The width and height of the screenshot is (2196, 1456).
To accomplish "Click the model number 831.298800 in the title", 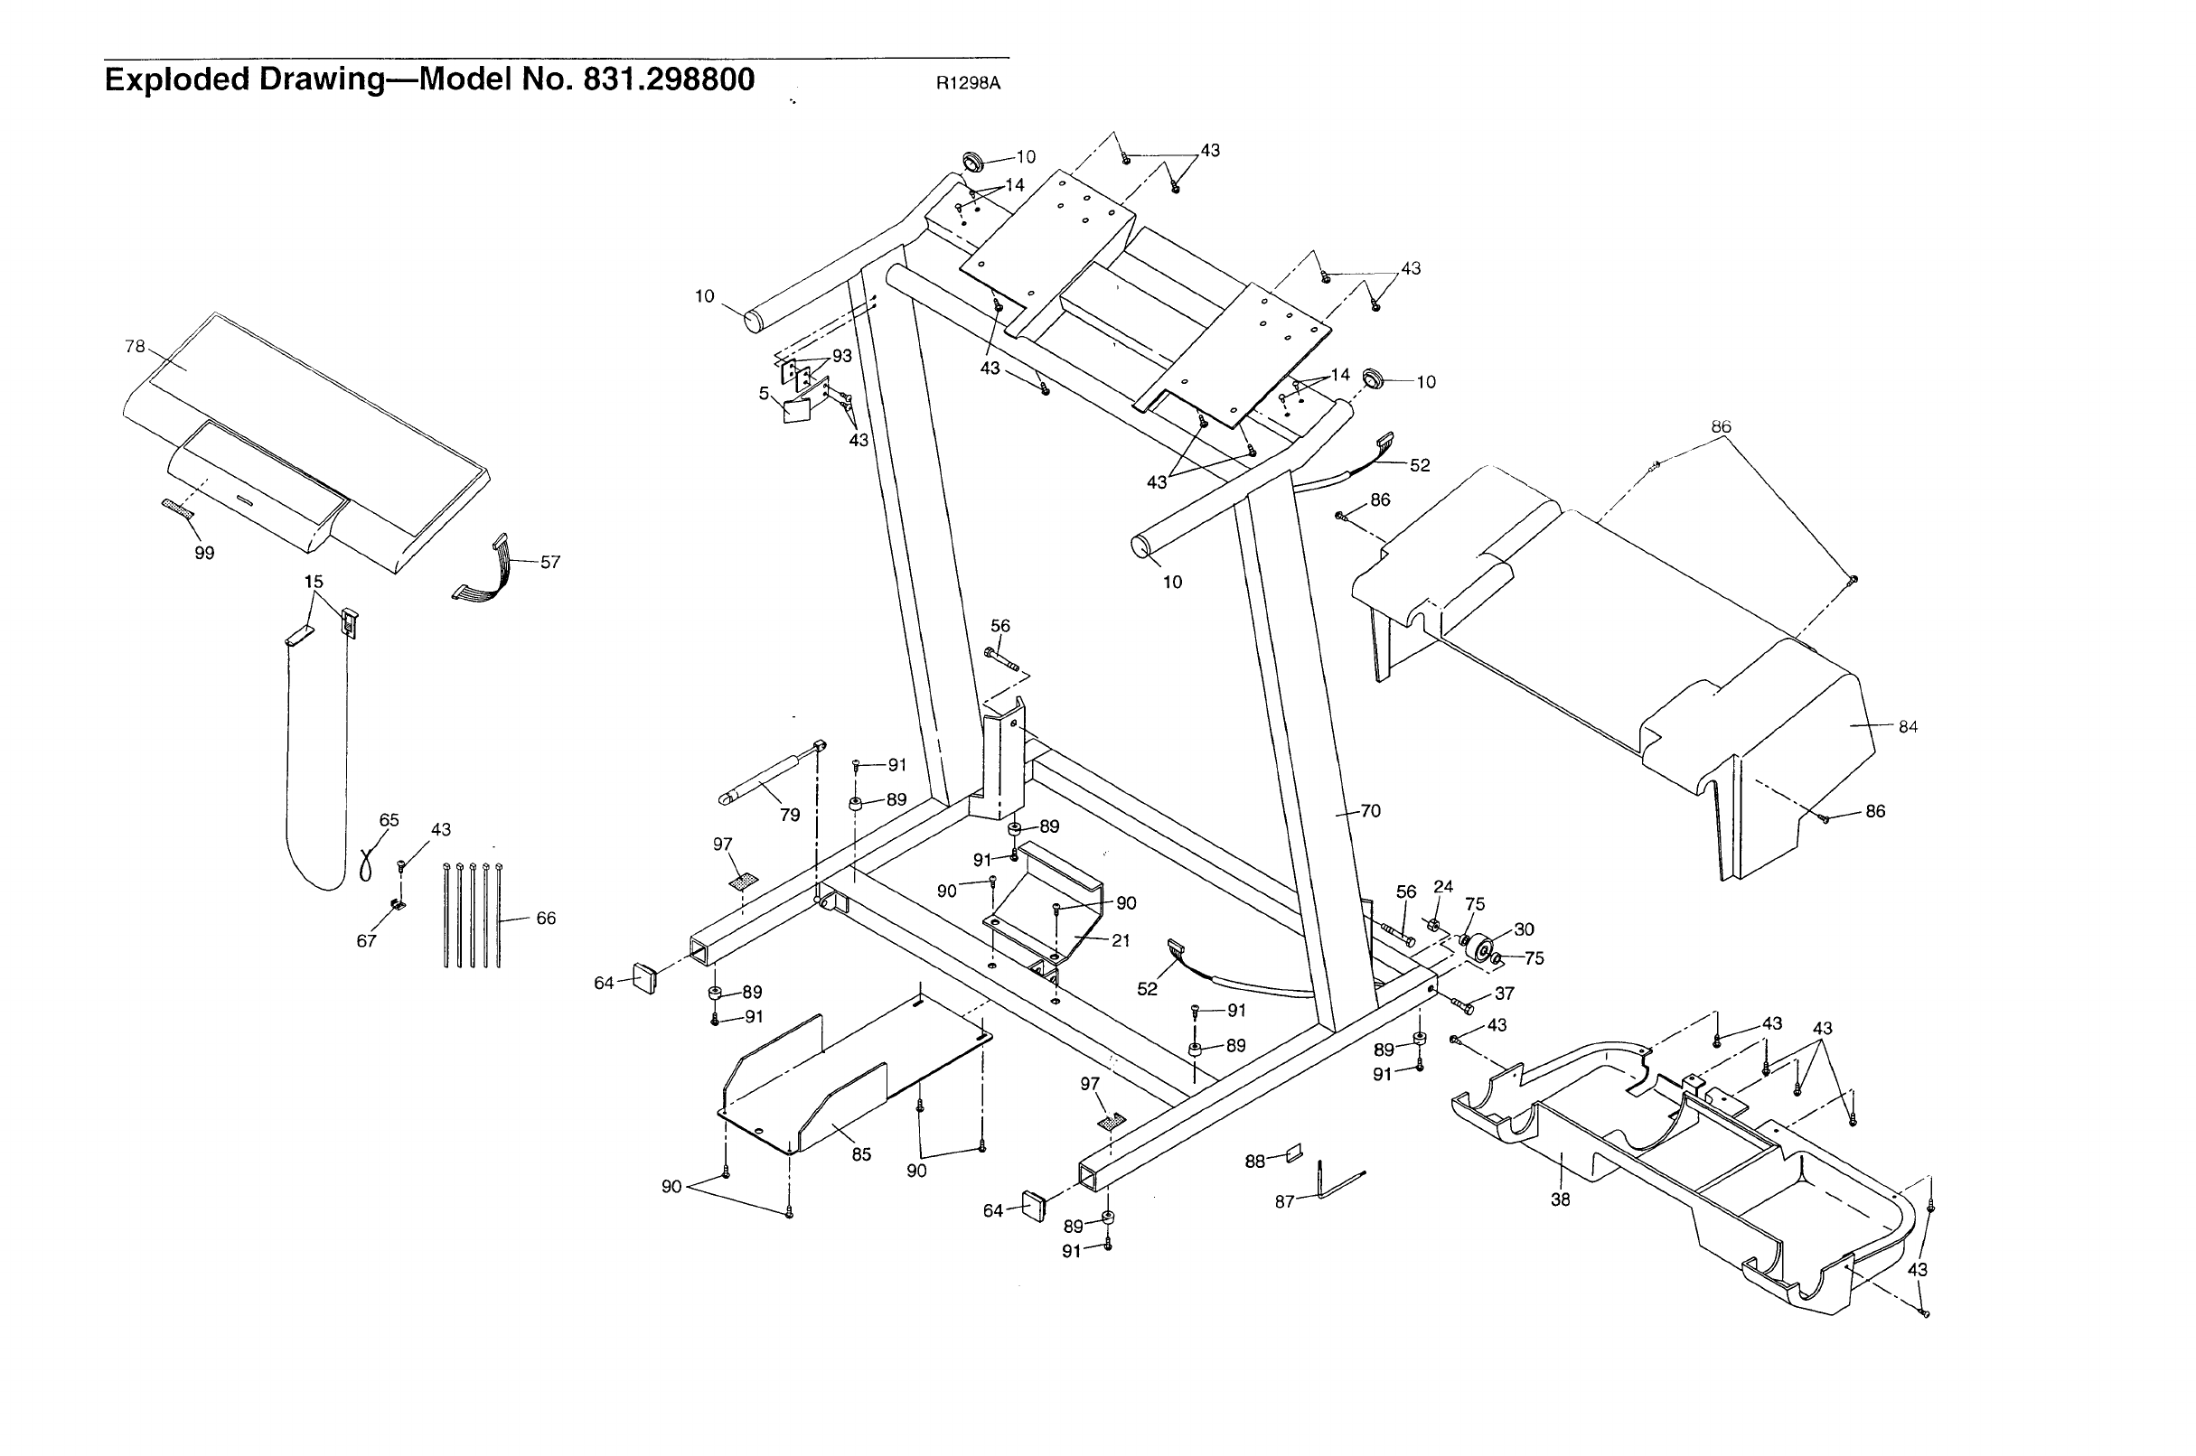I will (x=668, y=79).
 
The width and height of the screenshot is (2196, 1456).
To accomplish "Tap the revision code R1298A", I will (x=967, y=82).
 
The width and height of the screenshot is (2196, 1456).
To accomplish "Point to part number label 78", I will (x=135, y=346).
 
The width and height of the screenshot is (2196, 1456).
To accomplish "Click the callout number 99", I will (x=204, y=554).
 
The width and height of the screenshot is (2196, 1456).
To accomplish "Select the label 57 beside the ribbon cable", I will (x=550, y=562).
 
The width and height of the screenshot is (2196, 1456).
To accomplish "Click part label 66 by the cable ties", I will (x=545, y=919).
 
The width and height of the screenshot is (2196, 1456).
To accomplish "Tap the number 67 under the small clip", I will (x=367, y=941).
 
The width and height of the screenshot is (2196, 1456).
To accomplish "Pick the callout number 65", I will (x=389, y=820).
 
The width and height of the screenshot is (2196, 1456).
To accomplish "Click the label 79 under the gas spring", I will (x=790, y=816).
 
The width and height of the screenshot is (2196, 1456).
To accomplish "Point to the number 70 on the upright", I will (x=1370, y=810).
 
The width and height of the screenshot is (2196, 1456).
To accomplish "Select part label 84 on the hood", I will (x=1908, y=727).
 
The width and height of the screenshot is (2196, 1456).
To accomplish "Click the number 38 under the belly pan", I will (x=1561, y=1199).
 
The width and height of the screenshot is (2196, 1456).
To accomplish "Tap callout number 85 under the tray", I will (x=861, y=1155).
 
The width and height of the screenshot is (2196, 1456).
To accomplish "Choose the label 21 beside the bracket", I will (x=1121, y=940).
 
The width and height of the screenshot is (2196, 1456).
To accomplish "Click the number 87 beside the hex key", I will (x=1285, y=1201).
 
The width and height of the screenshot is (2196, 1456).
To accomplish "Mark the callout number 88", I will (x=1255, y=1162).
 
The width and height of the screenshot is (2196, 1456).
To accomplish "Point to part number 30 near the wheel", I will (x=1525, y=929).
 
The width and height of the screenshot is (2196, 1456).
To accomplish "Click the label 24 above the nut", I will (x=1442, y=887).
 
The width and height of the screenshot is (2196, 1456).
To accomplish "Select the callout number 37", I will (x=1505, y=994).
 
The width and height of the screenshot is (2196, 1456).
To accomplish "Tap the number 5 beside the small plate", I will (x=764, y=394).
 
